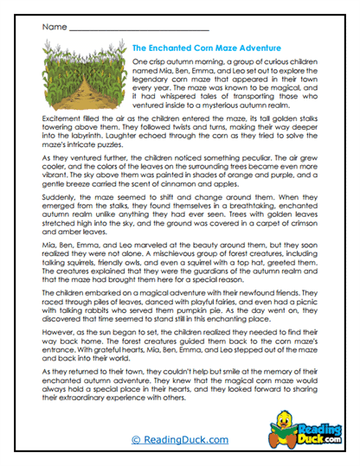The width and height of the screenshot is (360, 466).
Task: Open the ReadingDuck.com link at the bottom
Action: (x=179, y=441)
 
